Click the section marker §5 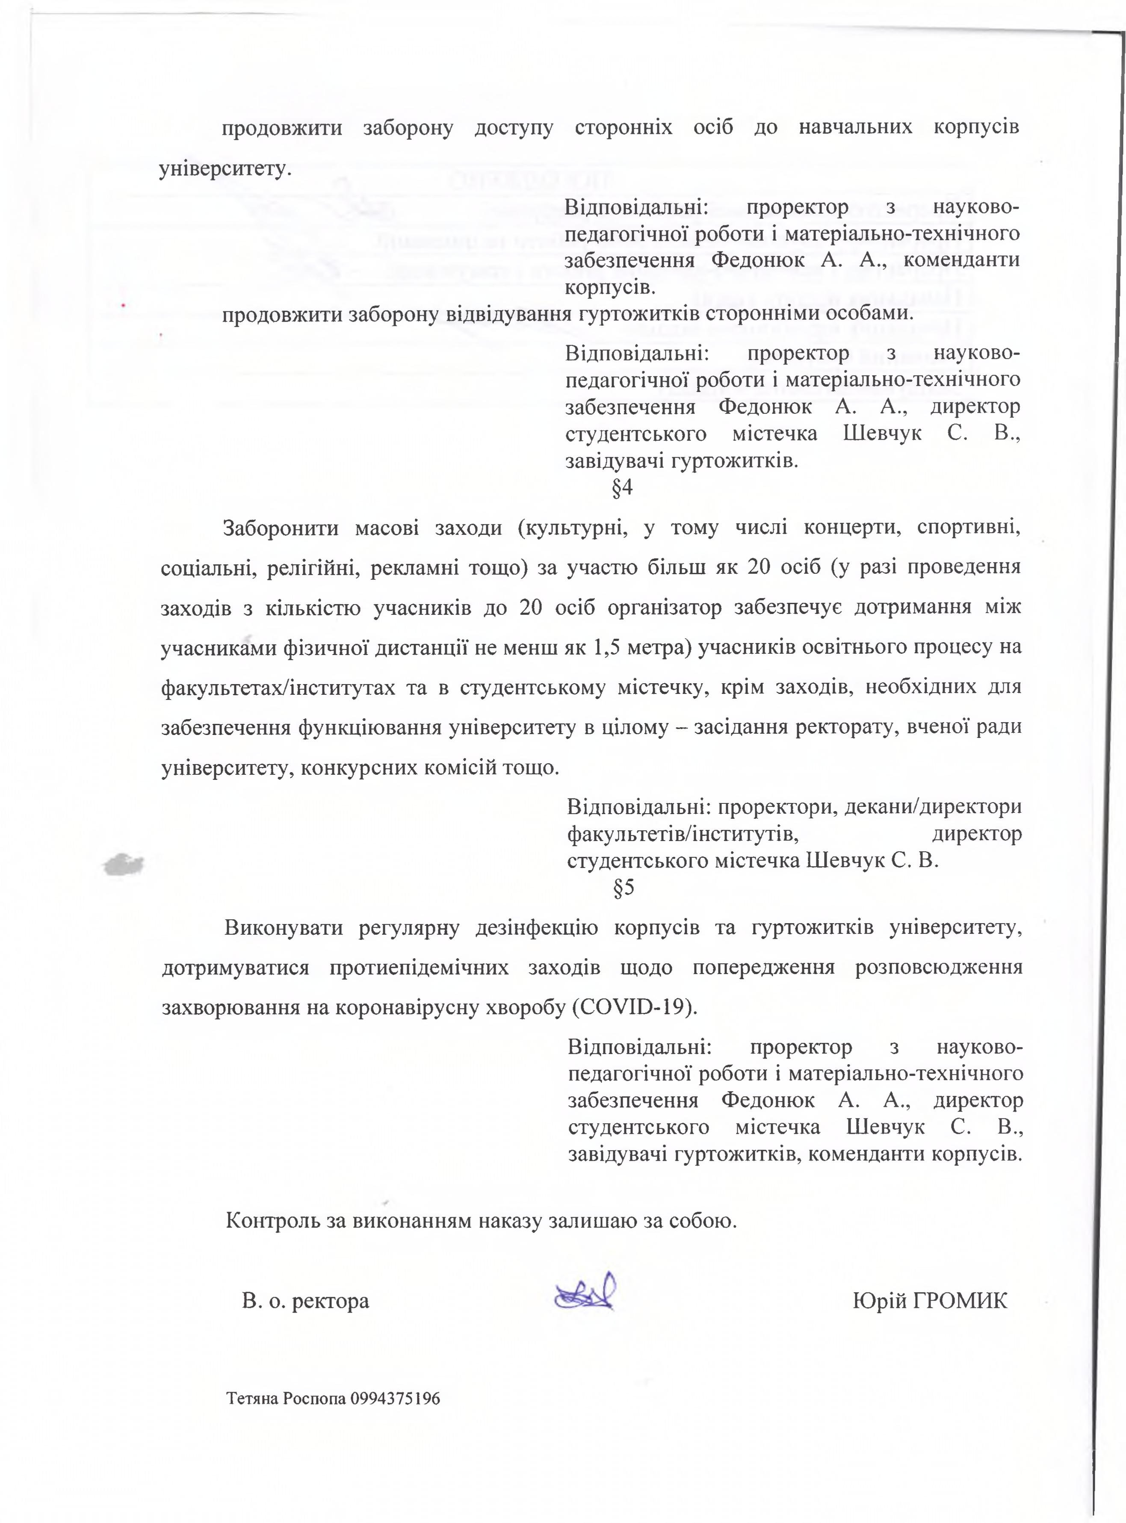[x=624, y=888]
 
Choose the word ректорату [x=848, y=728]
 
